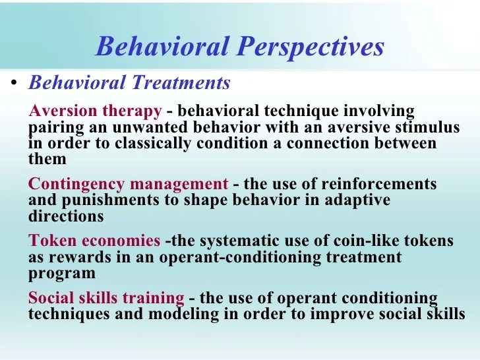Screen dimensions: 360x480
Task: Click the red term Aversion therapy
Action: tap(96, 111)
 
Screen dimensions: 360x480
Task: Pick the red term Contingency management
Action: tap(129, 184)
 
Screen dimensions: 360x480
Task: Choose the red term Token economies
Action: tap(94, 241)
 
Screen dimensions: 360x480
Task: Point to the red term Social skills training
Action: tap(106, 298)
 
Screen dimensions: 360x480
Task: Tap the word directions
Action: tap(66, 216)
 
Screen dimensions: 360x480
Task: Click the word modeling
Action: tap(181, 315)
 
